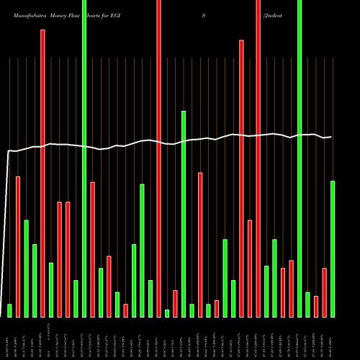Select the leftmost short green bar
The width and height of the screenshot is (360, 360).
(10, 310)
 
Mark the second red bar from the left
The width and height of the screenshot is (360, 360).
(42, 173)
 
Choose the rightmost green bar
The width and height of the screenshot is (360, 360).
(333, 248)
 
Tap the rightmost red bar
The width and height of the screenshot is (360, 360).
(324, 292)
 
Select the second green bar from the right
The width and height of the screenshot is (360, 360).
(307, 304)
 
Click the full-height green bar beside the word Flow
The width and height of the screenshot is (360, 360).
(84, 158)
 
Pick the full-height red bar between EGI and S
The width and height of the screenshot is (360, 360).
(159, 158)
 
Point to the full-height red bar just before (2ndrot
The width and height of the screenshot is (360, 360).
(258, 158)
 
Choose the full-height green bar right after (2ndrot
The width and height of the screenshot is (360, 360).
(300, 158)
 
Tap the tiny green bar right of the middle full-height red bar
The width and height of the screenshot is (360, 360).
(167, 313)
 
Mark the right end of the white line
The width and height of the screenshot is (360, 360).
(331, 137)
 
